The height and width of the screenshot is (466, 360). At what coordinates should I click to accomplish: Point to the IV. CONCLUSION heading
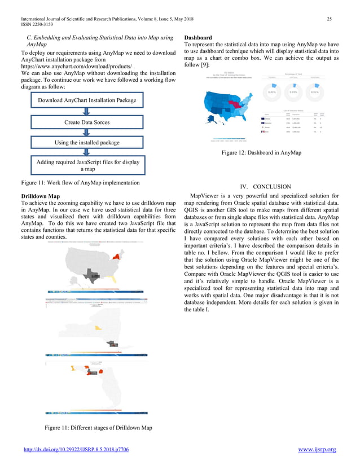265,186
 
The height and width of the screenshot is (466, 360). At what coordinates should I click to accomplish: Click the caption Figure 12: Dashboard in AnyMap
261,152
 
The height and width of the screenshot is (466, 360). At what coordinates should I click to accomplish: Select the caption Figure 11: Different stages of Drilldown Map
98,428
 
